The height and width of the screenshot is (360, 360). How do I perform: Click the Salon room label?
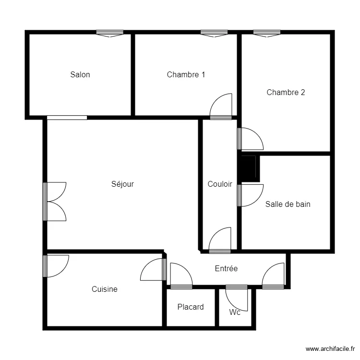80,74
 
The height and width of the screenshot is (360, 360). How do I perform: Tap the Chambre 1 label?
186,74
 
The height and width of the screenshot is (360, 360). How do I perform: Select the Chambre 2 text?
286,93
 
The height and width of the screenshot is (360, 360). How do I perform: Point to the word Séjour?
122,184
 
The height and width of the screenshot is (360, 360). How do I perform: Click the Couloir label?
220,184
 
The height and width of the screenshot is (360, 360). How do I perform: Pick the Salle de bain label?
288,204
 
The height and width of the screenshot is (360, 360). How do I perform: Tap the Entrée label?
226,269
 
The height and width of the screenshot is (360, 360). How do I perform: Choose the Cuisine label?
105,289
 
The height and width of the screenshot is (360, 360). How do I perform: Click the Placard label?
191,307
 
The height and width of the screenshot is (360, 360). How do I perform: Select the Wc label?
235,312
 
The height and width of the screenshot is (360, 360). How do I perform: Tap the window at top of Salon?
109,33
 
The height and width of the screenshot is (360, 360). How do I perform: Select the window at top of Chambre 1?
214,33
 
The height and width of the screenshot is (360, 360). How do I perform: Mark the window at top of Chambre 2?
267,33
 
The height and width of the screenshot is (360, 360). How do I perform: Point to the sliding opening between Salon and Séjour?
67,117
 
